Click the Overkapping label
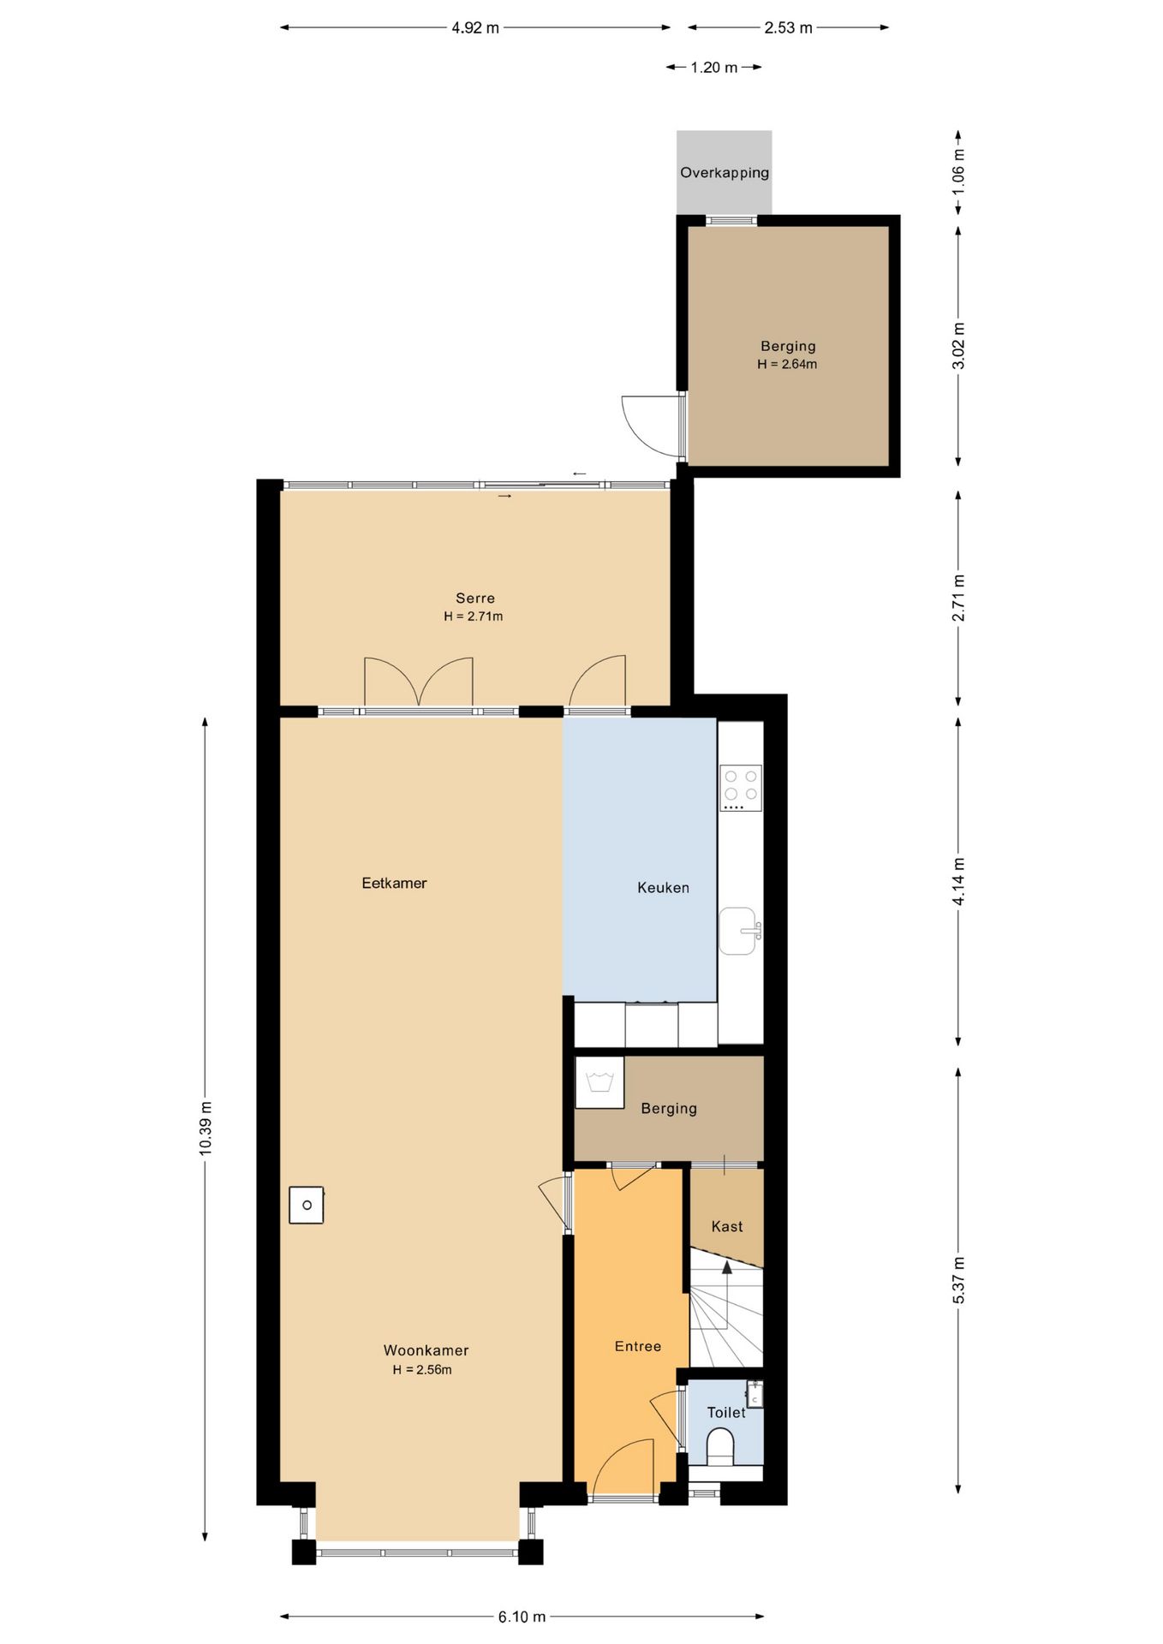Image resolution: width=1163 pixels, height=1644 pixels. click(x=725, y=173)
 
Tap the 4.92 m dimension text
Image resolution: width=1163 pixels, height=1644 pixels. click(x=475, y=28)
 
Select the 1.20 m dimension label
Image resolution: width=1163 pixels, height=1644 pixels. click(x=714, y=68)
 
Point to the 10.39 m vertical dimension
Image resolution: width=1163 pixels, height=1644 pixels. click(x=206, y=1129)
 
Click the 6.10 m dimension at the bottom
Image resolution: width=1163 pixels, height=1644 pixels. click(x=522, y=1617)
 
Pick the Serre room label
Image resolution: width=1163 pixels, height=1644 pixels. click(x=475, y=599)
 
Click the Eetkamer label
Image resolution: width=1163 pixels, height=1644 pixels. click(x=394, y=884)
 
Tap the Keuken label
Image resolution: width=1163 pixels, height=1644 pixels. click(x=663, y=888)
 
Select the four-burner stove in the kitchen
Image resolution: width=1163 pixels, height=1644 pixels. click(x=741, y=788)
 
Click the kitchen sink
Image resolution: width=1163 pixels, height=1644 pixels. click(x=739, y=931)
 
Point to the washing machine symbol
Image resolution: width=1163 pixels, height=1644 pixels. click(x=599, y=1083)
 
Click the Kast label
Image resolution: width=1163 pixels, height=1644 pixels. click(x=727, y=1227)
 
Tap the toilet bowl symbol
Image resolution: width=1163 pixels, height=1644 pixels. click(x=721, y=1447)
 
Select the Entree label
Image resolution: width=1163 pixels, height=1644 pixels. click(x=638, y=1347)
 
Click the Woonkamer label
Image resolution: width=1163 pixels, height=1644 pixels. click(x=426, y=1350)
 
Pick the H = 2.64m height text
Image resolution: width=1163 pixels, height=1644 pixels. click(x=787, y=365)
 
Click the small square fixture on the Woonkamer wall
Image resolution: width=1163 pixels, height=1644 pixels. click(x=306, y=1205)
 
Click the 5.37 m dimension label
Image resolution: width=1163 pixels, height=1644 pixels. click(x=958, y=1281)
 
